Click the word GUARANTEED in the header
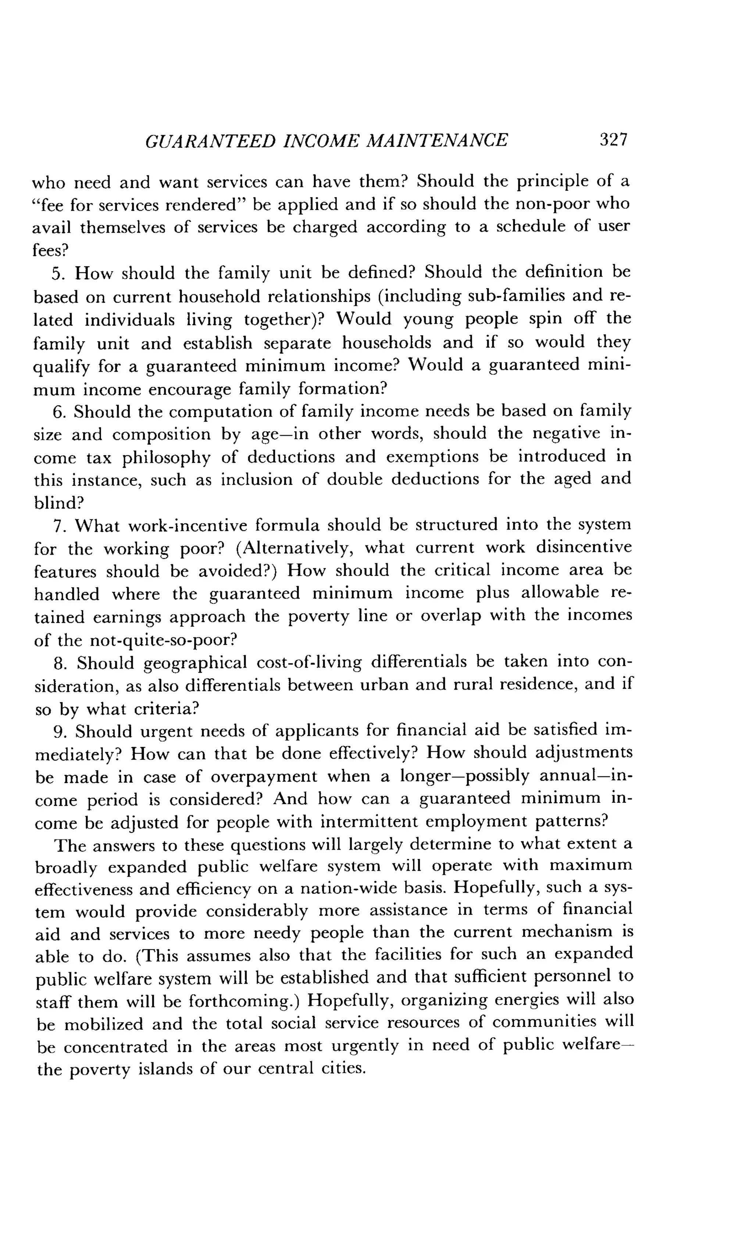[x=210, y=141]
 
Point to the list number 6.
[x=59, y=412]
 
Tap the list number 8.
[x=60, y=663]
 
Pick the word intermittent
[x=368, y=822]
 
